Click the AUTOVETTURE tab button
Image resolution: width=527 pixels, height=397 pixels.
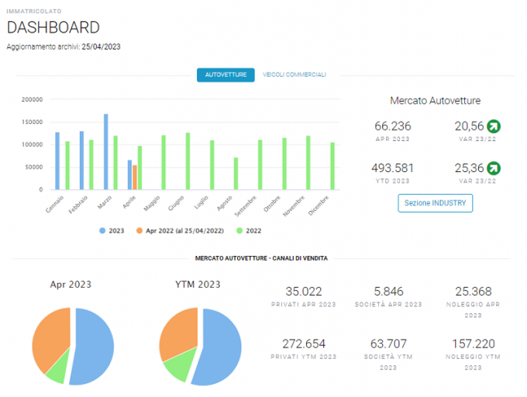coord(226,74)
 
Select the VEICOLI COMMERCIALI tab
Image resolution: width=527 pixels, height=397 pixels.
coord(294,74)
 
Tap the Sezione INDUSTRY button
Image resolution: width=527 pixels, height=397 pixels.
coord(436,203)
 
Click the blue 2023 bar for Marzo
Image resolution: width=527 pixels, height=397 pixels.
coord(106,152)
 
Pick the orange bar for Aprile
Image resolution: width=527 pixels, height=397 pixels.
coord(135,177)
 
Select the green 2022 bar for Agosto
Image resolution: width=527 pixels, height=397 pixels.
coord(236,174)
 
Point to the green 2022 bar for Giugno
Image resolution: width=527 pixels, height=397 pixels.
coord(188,161)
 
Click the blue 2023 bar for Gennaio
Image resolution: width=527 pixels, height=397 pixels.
coord(57,161)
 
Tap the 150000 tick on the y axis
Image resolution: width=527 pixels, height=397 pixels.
coord(33,122)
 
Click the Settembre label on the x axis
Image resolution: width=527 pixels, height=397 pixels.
coord(246,206)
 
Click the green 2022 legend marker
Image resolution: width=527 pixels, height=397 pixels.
coord(239,230)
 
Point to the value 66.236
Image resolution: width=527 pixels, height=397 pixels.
coord(393,126)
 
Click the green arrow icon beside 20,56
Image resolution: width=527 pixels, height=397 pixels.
coord(494,126)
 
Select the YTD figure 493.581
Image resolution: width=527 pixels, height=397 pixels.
coord(393,168)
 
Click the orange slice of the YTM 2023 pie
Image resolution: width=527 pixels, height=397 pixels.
coord(178,333)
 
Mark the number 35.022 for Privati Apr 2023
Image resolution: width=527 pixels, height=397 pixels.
coord(304,292)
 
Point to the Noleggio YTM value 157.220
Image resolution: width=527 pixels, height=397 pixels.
coord(474,344)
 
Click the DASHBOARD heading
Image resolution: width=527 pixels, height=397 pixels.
coord(53,28)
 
